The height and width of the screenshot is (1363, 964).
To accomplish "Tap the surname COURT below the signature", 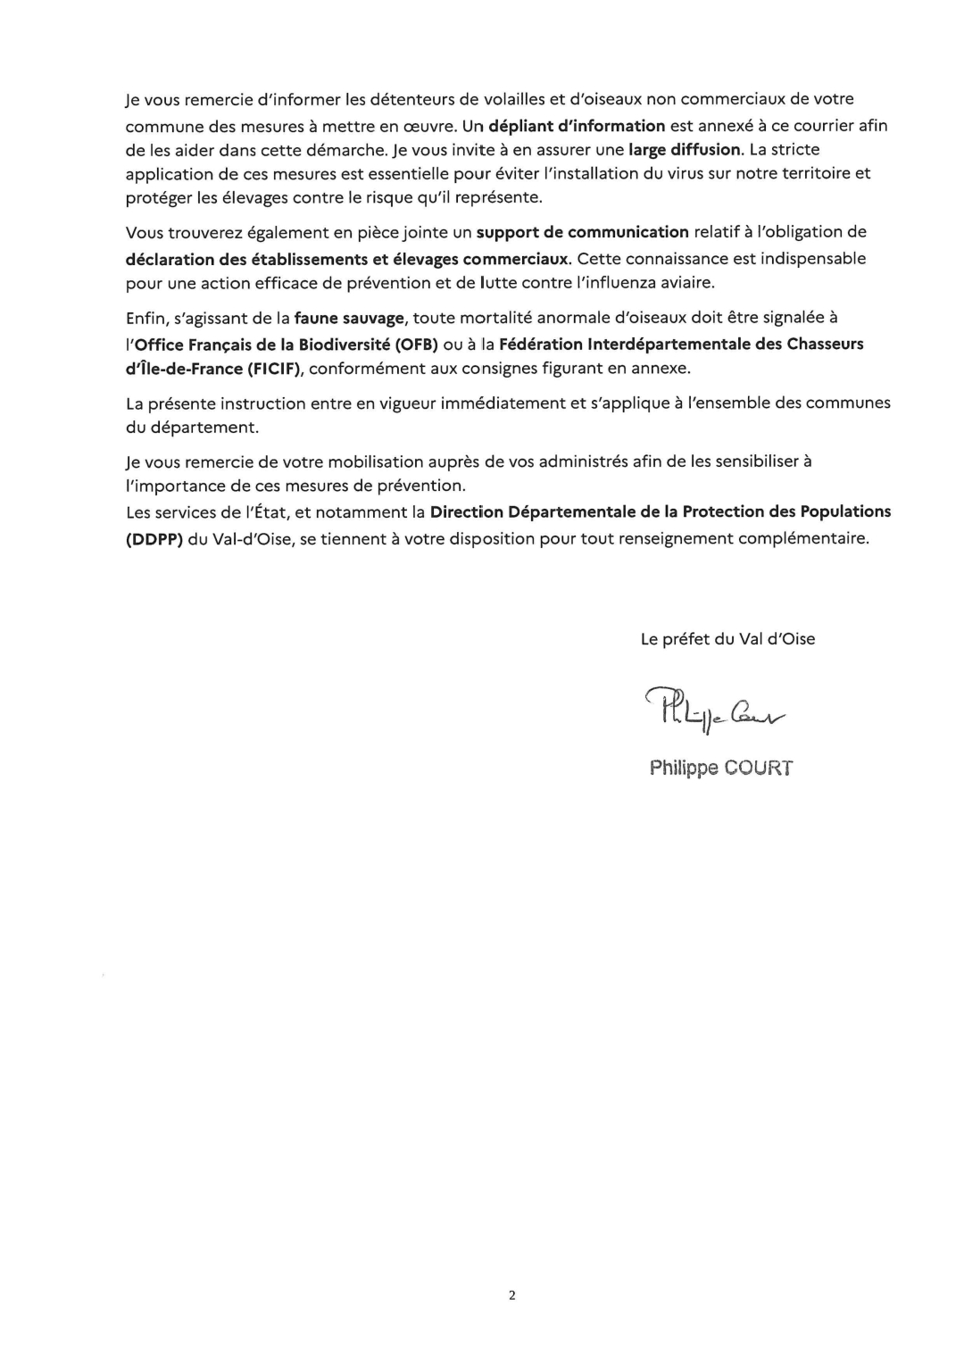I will coord(759,768).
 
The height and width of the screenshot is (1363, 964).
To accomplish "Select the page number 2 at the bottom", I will coord(512,1295).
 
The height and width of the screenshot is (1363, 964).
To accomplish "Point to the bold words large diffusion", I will coord(685,149).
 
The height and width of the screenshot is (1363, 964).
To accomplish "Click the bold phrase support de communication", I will coord(583,232).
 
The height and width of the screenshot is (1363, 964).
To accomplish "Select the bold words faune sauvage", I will coord(349,318).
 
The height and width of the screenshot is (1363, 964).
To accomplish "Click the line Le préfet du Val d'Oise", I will coord(727,639).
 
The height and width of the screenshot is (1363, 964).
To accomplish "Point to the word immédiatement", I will coord(506,403).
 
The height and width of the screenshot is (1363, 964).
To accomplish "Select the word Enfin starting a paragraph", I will coord(145,318).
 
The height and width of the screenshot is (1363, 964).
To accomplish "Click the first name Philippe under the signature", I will coord(684,768).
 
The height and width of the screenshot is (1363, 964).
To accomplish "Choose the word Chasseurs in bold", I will coord(825,345).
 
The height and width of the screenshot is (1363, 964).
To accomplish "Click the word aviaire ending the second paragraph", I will coord(688,283).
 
